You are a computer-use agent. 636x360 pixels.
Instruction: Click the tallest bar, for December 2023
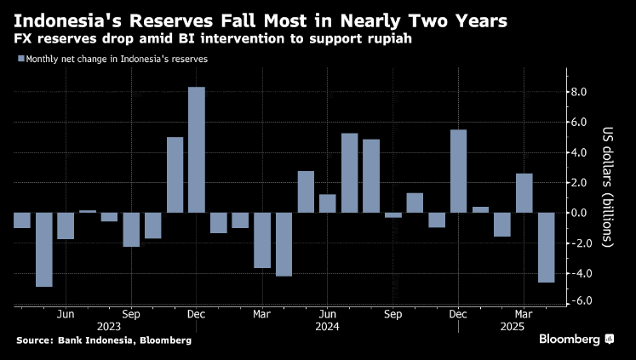197,150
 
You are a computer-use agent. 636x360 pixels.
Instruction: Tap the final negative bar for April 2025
546,247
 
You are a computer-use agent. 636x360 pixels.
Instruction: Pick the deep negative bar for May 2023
44,249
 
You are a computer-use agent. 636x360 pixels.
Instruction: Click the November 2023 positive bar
175,174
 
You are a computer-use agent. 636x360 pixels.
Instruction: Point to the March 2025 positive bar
524,193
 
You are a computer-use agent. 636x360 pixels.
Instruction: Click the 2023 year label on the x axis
109,326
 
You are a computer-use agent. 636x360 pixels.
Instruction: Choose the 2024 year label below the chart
327,326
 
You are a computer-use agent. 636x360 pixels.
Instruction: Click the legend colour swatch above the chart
20,59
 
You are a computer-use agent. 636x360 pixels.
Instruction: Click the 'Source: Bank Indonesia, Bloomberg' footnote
103,340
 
